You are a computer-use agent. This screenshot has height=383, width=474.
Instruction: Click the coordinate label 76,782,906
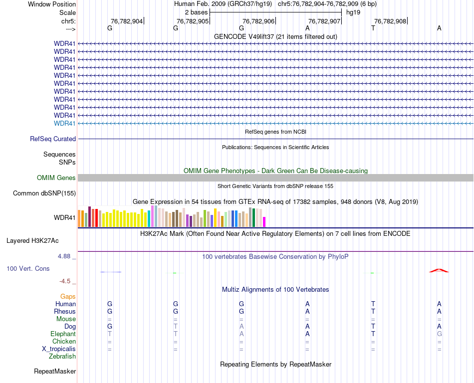coord(258,21)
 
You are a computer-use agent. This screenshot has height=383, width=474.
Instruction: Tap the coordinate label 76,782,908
coord(390,21)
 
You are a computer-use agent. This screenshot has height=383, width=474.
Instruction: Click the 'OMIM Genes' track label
coord(56,178)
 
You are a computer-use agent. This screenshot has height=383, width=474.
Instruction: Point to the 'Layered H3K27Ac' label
coord(32,240)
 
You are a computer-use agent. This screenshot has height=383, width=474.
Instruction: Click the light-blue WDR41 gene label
coord(65,123)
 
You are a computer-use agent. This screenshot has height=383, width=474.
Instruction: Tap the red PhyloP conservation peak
coord(439,270)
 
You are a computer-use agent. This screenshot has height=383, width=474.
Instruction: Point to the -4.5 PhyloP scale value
coord(65,281)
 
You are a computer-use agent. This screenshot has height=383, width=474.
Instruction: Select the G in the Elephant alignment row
coord(439,334)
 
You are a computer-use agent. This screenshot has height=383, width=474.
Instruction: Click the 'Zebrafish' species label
coord(62,356)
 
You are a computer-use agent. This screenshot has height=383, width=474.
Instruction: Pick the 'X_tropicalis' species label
coord(59,349)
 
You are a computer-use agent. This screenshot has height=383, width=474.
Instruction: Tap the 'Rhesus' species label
coord(65,311)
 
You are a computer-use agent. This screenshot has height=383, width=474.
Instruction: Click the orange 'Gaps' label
coord(68,296)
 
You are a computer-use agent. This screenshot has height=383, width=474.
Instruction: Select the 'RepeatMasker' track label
coord(55,371)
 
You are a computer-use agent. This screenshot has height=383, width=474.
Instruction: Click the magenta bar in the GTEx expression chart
coord(264,221)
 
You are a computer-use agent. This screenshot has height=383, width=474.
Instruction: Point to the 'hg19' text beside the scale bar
coord(353,11)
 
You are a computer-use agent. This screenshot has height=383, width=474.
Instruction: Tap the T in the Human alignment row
coord(373,304)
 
